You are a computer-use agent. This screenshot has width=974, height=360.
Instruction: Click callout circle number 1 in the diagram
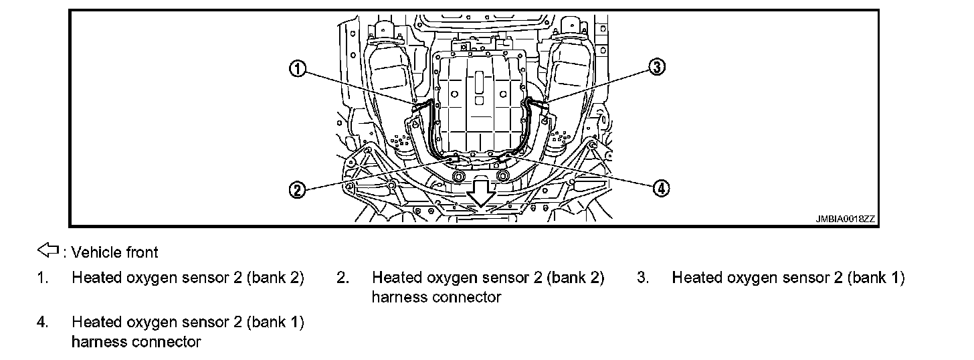click(298, 68)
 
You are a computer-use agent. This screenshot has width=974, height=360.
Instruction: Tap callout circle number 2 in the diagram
click(298, 189)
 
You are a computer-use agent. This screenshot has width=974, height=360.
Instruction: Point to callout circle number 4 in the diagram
click(660, 189)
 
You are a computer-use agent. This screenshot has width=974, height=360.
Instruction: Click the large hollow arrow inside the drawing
click(480, 195)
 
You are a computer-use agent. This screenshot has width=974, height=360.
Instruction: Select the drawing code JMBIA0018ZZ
click(845, 219)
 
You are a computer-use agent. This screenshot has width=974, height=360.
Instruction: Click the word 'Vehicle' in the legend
click(92, 252)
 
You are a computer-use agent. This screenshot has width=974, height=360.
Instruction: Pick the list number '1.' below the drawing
click(42, 278)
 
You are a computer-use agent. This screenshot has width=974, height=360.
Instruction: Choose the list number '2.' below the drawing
click(343, 278)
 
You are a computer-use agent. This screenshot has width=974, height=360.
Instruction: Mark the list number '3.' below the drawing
click(643, 278)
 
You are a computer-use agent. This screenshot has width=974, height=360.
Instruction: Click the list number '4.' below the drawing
click(42, 323)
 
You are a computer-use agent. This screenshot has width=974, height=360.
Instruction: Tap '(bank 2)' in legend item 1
click(276, 278)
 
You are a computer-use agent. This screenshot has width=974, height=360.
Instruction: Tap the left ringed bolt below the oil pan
click(458, 177)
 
